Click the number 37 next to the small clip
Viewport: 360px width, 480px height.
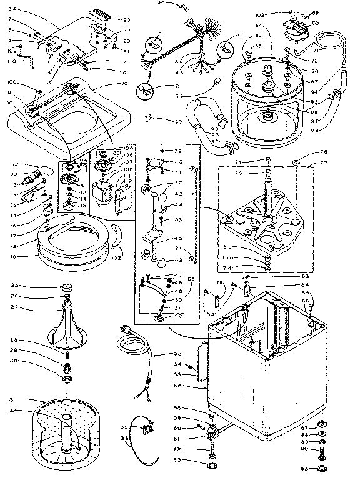[162, 119]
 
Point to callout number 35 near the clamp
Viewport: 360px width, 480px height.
[123, 427]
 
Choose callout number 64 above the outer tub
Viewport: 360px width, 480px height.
[257, 27]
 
